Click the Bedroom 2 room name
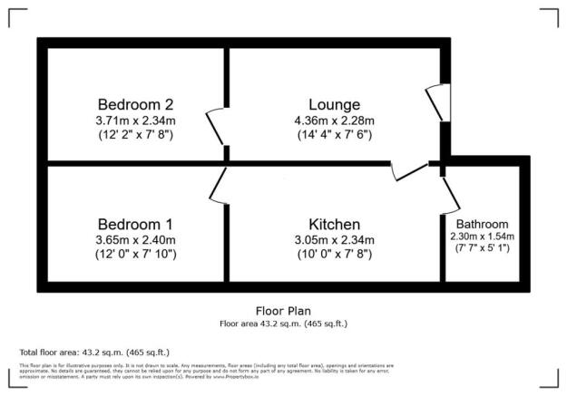pos(135,102)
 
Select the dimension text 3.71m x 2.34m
pos(135,119)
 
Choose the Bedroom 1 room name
pos(135,223)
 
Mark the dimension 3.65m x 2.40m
pos(135,239)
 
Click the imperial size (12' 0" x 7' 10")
pos(135,255)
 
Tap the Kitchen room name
pos(334,224)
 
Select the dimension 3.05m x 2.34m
pos(334,239)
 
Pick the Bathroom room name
pos(482,224)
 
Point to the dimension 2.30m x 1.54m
pos(482,237)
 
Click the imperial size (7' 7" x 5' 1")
pos(482,249)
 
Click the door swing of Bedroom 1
pos(218,185)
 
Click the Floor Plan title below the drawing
pos(283,310)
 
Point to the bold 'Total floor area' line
pos(94,352)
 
